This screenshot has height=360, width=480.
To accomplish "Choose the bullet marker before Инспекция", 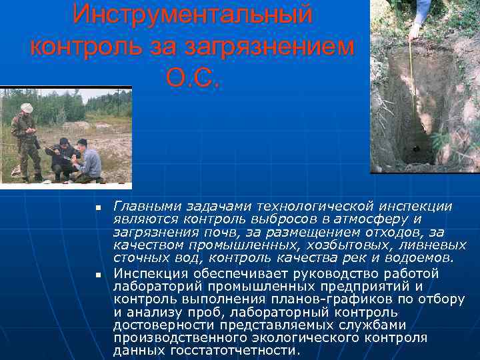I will pos(97,275).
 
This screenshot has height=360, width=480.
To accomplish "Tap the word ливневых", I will pos(437,245).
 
